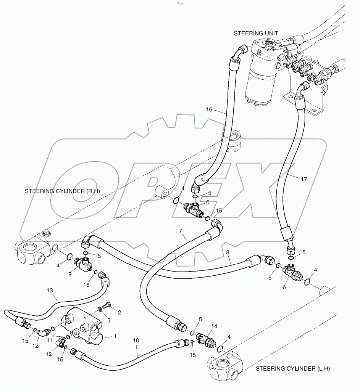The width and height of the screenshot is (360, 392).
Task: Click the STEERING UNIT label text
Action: tap(253, 34)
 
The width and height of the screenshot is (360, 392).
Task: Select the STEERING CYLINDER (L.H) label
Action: tap(292, 368)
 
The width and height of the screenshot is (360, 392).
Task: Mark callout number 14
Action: tap(214, 326)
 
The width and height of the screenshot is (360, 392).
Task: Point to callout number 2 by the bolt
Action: tap(119, 313)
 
